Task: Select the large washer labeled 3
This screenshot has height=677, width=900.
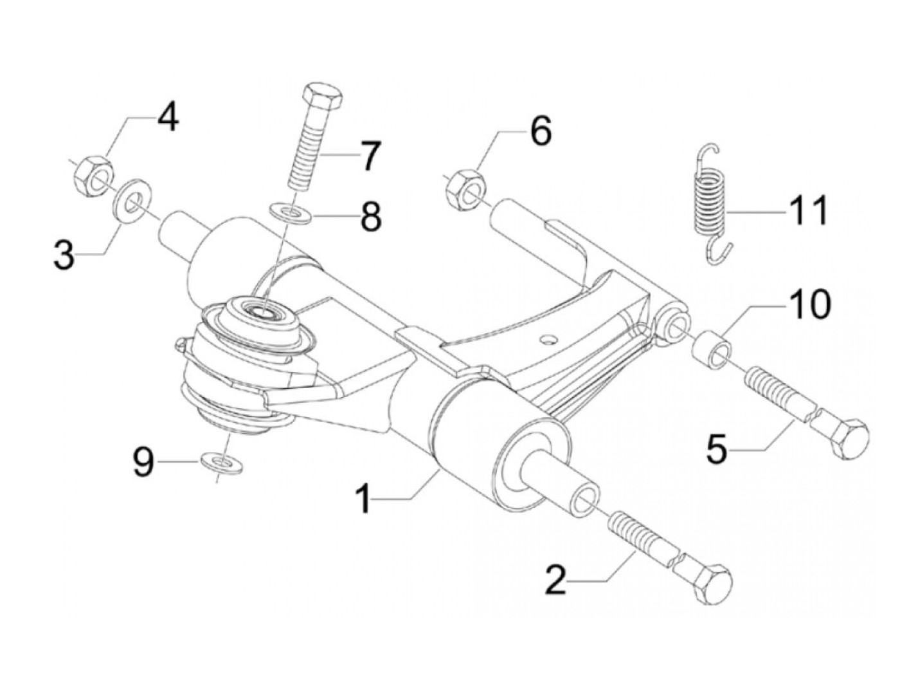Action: click(x=132, y=199)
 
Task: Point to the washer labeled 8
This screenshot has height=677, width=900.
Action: click(x=290, y=212)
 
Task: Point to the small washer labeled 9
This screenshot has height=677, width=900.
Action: click(x=222, y=462)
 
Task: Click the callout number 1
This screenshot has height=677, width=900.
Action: click(x=364, y=499)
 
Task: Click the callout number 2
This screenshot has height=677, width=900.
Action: click(x=555, y=580)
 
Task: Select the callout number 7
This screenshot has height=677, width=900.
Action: click(x=369, y=155)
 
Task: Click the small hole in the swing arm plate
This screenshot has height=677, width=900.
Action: click(x=548, y=339)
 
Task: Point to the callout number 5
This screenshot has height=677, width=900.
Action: click(x=716, y=450)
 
